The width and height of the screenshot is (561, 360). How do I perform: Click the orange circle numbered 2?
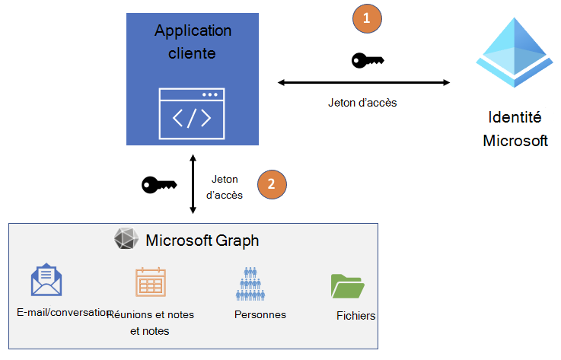point(272,184)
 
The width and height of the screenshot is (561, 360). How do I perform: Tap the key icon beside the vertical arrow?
point(159,184)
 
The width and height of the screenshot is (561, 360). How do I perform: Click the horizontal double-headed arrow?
point(363,82)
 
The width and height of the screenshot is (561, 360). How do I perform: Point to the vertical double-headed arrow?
point(193,185)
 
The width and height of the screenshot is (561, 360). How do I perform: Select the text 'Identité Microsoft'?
point(515,129)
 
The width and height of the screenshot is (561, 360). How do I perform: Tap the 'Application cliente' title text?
point(192,42)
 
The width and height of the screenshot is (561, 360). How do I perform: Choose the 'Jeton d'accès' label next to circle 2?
point(225,187)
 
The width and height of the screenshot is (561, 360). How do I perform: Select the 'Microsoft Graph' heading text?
point(202,241)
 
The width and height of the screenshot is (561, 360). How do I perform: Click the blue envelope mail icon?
point(46,280)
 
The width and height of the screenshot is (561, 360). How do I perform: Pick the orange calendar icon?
point(150,282)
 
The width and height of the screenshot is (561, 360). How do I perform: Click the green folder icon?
point(348,285)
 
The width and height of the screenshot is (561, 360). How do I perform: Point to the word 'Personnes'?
point(260,314)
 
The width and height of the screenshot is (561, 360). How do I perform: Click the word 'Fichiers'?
point(355,316)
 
